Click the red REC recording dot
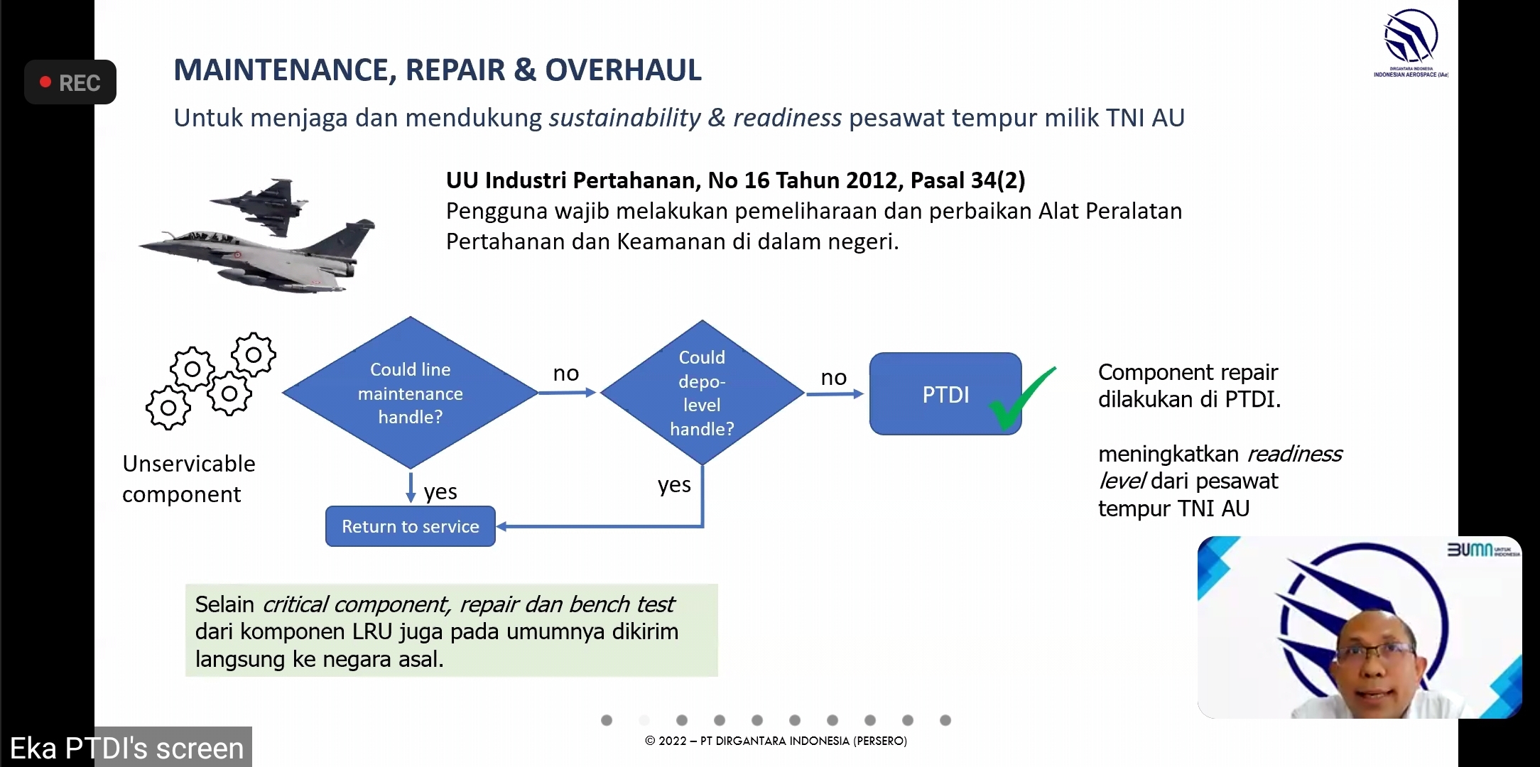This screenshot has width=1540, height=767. point(45,82)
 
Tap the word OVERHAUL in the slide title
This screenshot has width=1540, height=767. point(623,70)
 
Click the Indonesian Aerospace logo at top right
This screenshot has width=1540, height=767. point(1411,43)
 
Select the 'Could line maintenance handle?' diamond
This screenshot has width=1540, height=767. point(411,393)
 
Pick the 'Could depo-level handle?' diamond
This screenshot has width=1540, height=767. point(702,393)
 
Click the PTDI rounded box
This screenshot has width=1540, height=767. point(945,393)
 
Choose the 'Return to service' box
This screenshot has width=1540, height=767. point(411,526)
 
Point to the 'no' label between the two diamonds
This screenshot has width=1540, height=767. point(566,373)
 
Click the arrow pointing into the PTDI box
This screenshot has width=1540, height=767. point(835,393)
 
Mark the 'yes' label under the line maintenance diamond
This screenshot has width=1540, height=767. point(440,491)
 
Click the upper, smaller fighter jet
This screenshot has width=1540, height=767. point(260,205)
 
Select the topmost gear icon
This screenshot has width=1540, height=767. point(253,354)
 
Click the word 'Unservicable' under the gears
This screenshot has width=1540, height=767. point(189,463)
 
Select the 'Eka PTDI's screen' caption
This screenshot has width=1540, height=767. point(126,749)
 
